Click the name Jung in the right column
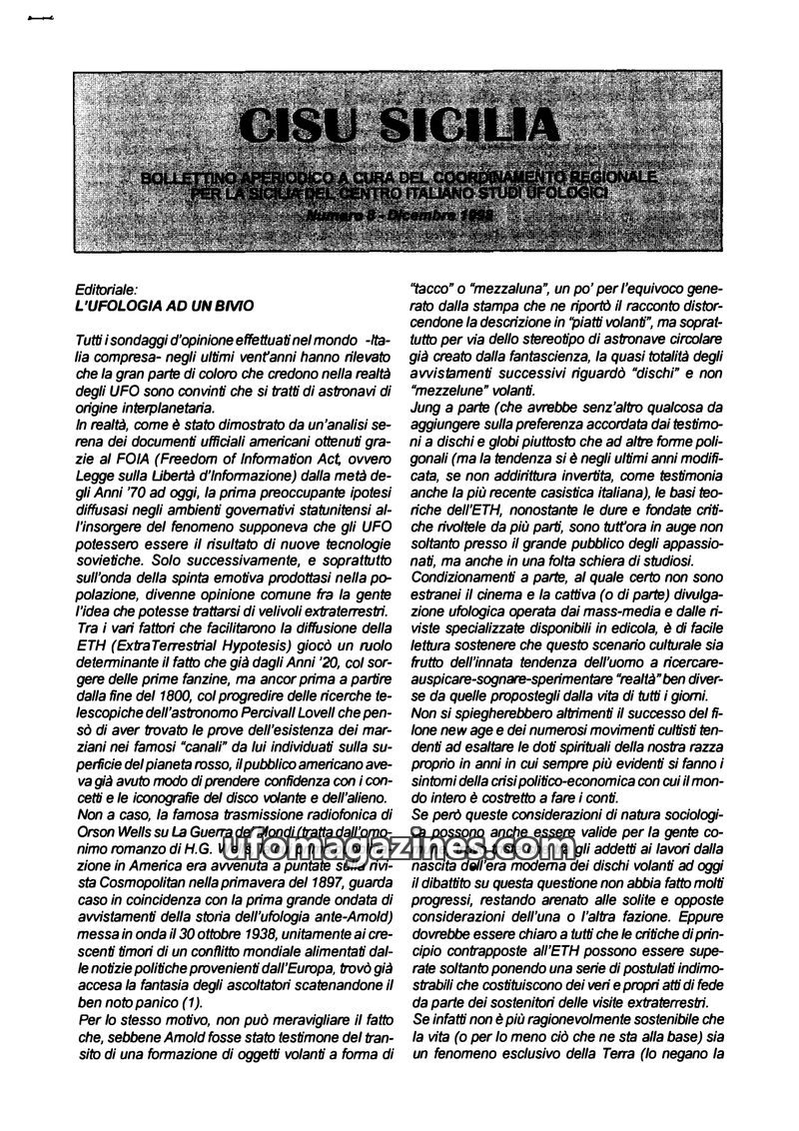[428, 409]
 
